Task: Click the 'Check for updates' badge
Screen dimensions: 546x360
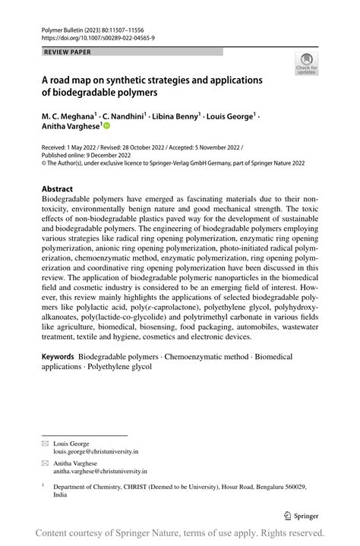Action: tap(308, 64)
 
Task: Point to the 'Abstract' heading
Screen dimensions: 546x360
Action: tap(57, 188)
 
